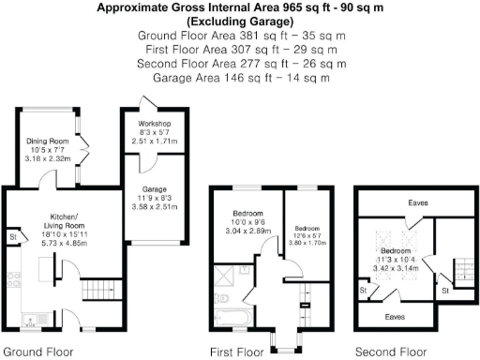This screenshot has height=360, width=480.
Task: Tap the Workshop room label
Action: [154, 123]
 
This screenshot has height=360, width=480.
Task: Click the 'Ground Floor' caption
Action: [37, 352]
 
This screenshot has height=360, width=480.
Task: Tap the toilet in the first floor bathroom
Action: [220, 299]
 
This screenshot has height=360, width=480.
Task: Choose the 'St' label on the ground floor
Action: [12, 237]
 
